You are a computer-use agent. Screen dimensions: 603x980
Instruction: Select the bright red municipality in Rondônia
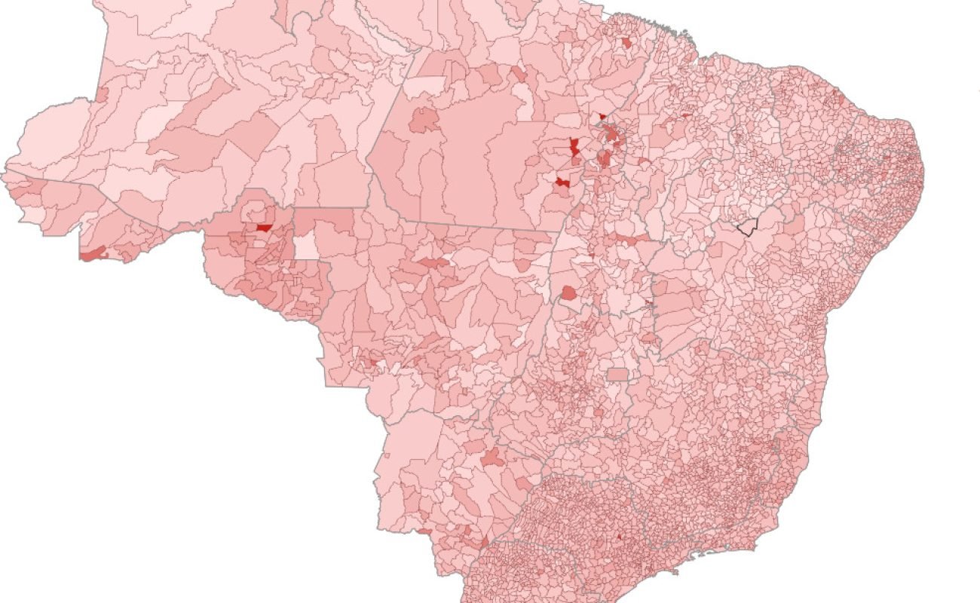pos(264,227)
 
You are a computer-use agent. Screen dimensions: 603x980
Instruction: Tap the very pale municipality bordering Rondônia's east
pos(305,246)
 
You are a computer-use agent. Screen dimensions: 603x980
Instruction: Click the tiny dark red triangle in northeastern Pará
pos(602,116)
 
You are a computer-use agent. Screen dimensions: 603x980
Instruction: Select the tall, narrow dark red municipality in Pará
pos(575,147)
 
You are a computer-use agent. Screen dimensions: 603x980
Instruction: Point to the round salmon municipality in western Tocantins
pos(568,292)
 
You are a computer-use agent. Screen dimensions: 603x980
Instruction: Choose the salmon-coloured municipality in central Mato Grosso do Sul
pos(492,457)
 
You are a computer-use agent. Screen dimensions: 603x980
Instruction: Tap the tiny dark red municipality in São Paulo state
pos(619,537)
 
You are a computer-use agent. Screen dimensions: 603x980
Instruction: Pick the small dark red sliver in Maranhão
pos(686,115)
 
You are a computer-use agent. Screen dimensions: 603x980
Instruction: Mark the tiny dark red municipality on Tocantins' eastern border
pos(648,303)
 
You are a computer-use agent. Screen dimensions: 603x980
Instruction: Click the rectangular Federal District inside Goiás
pos(617,375)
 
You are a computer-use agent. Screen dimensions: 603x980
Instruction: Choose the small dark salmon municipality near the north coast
pos(626,43)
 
